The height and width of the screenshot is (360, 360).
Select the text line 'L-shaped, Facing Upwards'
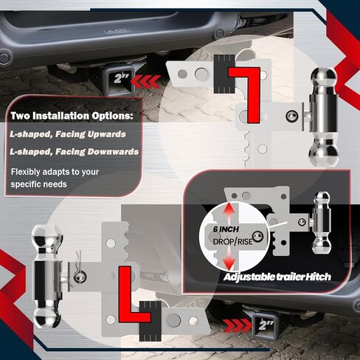pos(68,134)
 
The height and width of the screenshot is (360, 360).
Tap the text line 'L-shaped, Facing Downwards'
pos(75,152)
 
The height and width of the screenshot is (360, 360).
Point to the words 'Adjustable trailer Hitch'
pos(277,277)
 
